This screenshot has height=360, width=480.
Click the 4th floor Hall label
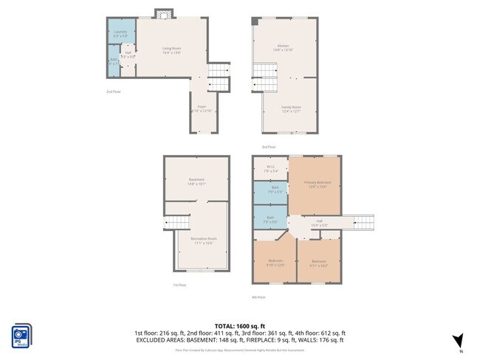(x=320, y=222)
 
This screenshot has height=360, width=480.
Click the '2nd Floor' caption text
(x=113, y=91)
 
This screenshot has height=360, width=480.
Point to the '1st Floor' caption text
(x=179, y=285)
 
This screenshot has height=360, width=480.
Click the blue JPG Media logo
(x=21, y=334)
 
